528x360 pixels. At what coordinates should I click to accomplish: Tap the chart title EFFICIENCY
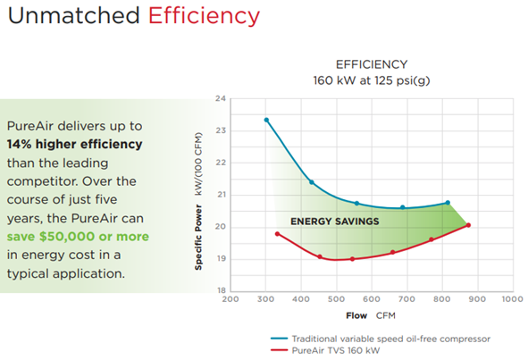[371, 64]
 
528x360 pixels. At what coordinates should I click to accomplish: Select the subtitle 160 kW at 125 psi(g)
[371, 80]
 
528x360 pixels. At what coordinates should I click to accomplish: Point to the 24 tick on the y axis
[220, 98]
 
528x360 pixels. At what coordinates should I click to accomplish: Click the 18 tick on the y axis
[220, 291]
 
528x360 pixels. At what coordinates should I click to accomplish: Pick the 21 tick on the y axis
[220, 195]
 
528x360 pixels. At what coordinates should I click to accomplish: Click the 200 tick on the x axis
[230, 301]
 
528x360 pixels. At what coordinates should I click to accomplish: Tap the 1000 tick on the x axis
[511, 301]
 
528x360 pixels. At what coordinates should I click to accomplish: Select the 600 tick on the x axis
[371, 301]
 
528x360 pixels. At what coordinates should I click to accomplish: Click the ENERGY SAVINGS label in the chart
[335, 221]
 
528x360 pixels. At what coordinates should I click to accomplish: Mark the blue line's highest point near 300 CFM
[266, 120]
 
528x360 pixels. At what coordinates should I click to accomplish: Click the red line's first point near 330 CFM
[277, 234]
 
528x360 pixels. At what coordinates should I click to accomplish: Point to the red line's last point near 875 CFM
[468, 225]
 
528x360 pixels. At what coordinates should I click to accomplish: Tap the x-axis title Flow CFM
[370, 316]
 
